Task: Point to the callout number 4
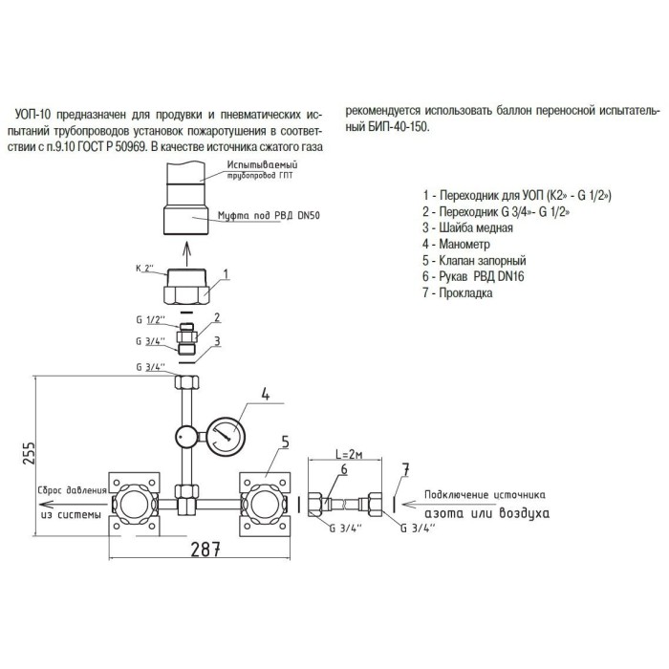tap(267, 389)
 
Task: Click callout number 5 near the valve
tap(285, 442)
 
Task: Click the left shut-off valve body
tap(134, 504)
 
